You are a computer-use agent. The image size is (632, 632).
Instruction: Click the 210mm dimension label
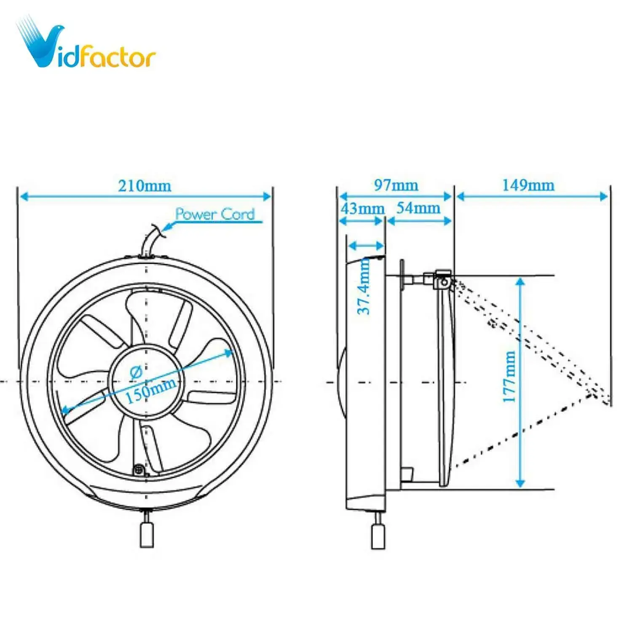point(145,186)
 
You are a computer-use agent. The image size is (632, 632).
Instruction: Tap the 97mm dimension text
point(396,185)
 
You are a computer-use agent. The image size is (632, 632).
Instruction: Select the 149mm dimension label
point(528,185)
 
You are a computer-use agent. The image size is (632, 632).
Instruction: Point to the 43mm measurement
point(362,209)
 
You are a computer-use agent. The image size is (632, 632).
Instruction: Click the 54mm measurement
point(418,208)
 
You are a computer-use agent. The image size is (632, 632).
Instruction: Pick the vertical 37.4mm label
point(364,287)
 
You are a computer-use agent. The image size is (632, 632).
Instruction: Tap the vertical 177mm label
point(509,377)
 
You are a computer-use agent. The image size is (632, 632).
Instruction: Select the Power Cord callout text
point(215,214)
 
